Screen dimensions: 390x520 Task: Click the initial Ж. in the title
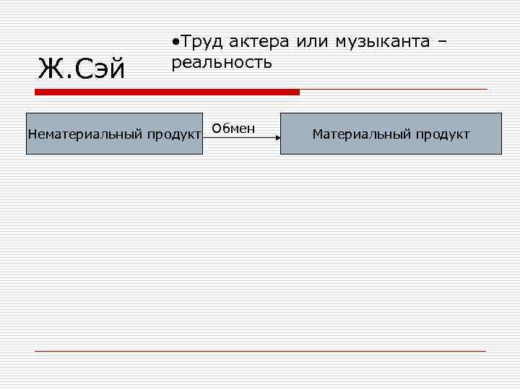51,69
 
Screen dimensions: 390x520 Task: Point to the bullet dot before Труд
175,42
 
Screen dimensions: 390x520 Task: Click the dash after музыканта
442,43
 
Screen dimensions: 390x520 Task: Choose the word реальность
221,62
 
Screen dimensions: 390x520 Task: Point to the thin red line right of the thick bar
394,90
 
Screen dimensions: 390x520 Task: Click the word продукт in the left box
173,134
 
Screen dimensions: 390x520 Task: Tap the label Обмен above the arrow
234,129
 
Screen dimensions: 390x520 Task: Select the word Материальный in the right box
359,134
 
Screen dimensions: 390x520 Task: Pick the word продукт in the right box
441,134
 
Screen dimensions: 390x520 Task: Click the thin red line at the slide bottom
260,351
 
